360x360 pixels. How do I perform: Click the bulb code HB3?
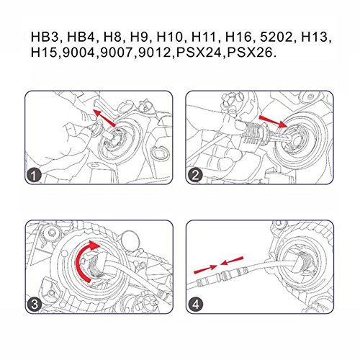tap(44, 37)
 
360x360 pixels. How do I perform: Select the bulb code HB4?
tap(81, 37)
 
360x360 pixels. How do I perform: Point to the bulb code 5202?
tap(276, 37)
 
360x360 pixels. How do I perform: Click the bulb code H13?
tap(315, 37)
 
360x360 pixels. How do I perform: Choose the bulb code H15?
tap(45, 53)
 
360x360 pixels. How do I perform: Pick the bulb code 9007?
tap(117, 53)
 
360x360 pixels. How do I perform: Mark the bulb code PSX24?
tap(199, 53)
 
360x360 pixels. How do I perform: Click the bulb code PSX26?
tap(250, 53)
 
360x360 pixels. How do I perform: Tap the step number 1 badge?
tap(34, 176)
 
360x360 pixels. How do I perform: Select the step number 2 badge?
tap(196, 176)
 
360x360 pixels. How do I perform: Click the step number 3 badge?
tap(35, 305)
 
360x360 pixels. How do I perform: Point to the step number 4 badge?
tap(196, 305)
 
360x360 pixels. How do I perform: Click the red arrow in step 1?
tap(104, 117)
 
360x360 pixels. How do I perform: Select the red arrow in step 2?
tap(273, 121)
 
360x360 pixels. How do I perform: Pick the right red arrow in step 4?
tap(232, 261)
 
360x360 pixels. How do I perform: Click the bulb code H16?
tap(238, 37)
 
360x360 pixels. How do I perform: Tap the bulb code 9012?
tap(155, 53)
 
